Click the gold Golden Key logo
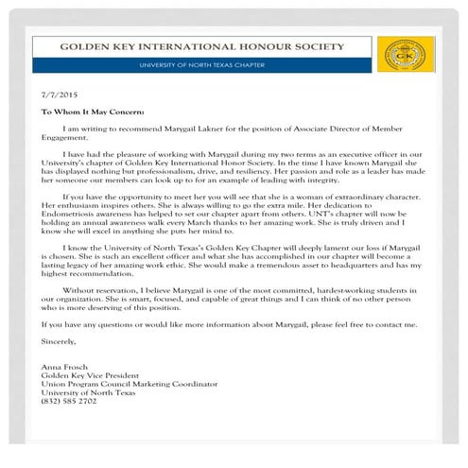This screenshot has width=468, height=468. [405, 55]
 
